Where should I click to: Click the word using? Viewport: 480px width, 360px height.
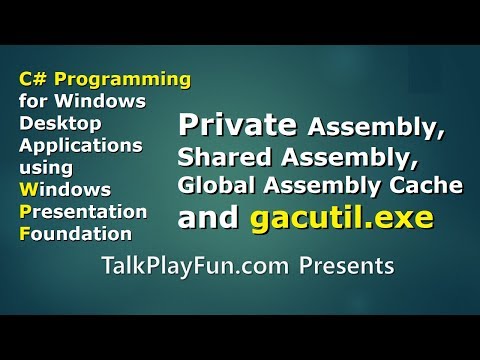click(x=39, y=167)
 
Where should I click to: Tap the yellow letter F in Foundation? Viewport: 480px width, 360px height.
click(x=23, y=234)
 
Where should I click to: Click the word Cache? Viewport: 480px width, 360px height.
click(x=401, y=185)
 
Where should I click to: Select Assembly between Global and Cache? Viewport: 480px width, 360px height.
click(x=307, y=185)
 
